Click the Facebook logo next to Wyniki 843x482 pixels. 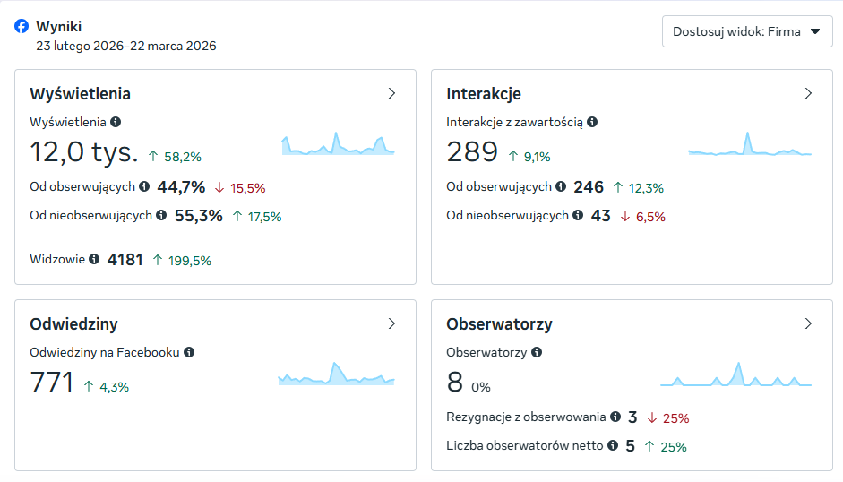[x=22, y=27]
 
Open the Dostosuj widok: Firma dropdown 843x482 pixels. [x=747, y=31]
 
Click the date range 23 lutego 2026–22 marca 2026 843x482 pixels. [x=125, y=46]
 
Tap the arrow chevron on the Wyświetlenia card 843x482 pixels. [x=391, y=93]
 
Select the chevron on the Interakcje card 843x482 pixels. [x=808, y=93]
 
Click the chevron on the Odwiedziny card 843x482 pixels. [x=391, y=323]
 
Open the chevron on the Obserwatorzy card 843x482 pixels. [x=808, y=323]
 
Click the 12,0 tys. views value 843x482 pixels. [x=84, y=152]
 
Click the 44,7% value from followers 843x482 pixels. [x=181, y=187]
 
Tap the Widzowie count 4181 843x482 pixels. [x=125, y=260]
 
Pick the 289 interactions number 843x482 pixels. [x=472, y=152]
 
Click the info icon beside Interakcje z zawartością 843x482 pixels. [x=592, y=122]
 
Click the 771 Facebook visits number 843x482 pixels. [x=52, y=383]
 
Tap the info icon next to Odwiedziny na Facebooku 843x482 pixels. [x=189, y=352]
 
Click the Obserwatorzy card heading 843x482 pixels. [x=499, y=324]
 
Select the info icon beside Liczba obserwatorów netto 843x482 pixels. [x=613, y=444]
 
